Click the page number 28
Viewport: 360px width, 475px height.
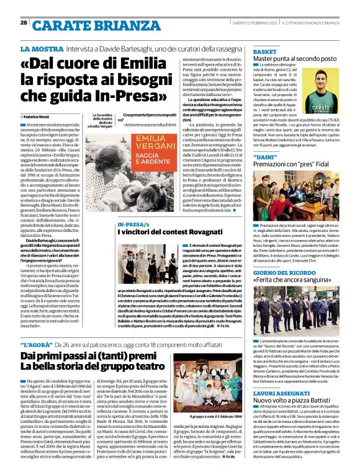(24, 22)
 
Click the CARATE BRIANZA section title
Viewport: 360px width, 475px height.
(84, 25)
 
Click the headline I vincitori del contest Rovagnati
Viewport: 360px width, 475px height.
(163, 232)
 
